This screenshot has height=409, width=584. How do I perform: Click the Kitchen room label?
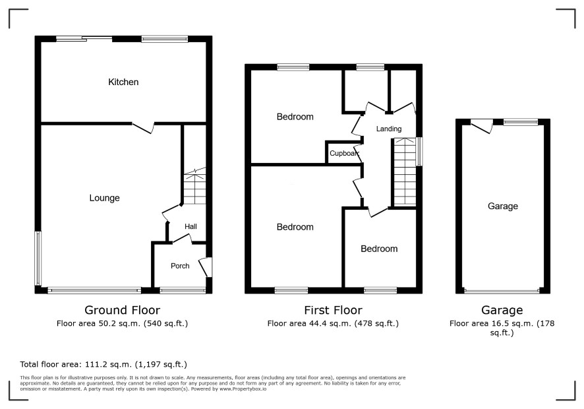click(x=123, y=82)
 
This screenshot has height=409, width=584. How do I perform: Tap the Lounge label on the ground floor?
click(x=104, y=198)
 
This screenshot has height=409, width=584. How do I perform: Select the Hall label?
click(x=190, y=226)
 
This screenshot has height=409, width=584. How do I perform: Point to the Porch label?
click(x=180, y=266)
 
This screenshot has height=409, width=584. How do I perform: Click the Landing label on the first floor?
click(x=389, y=129)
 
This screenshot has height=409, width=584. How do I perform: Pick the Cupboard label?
click(x=344, y=153)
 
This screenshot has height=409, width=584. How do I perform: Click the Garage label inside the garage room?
click(x=503, y=206)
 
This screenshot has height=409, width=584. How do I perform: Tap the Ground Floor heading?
click(x=122, y=310)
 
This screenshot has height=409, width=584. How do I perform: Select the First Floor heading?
click(x=333, y=310)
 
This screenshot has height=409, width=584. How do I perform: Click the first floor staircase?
click(x=405, y=172)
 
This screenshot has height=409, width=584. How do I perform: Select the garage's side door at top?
click(x=482, y=125)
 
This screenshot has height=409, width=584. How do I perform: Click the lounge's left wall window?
click(x=38, y=258)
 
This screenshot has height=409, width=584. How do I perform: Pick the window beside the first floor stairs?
click(x=419, y=151)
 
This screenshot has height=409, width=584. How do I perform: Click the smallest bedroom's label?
click(x=379, y=249)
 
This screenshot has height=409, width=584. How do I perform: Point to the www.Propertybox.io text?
click(x=243, y=389)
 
